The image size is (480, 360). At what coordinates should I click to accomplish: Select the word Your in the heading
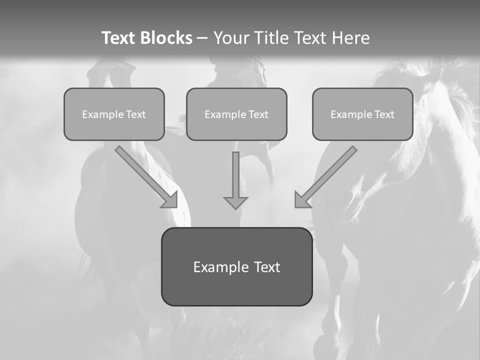(231, 38)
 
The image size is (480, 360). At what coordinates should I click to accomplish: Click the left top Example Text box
(114, 114)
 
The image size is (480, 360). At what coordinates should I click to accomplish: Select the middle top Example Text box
(236, 114)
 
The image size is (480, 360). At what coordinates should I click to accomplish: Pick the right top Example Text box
(362, 114)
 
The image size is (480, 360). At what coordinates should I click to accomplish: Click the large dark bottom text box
(236, 266)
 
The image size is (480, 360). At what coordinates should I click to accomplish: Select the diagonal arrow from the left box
(142, 173)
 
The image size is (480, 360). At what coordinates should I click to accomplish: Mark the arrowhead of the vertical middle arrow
(235, 203)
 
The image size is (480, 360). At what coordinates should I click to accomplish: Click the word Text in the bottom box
(267, 267)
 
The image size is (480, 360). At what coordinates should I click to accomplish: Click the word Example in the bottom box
(221, 267)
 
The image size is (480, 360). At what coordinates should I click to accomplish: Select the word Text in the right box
(384, 114)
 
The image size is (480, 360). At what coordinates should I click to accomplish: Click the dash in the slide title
(202, 38)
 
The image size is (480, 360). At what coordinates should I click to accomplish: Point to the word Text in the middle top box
(258, 114)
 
